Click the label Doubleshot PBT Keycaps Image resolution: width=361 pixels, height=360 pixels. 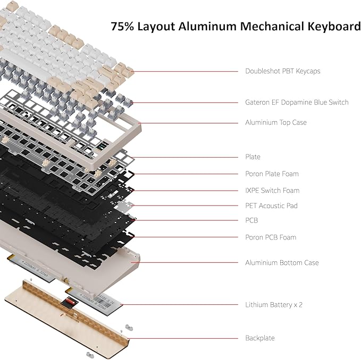(282, 71)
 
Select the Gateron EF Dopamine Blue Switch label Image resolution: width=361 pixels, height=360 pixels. (297, 102)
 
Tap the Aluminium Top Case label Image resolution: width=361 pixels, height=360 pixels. (275, 123)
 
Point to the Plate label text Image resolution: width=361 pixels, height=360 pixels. (253, 157)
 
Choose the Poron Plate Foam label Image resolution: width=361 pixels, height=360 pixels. (272, 174)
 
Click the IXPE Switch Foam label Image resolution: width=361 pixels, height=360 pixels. (272, 191)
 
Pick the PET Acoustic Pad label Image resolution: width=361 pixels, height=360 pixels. (271, 205)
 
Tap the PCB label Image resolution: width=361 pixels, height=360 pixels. (251, 220)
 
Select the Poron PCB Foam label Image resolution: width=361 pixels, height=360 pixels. (271, 237)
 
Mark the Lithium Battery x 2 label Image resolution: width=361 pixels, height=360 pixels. (274, 305)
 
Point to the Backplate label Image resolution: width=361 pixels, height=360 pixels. (259, 338)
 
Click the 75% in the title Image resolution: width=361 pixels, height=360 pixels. (122, 26)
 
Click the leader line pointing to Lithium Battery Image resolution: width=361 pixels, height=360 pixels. (181, 305)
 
